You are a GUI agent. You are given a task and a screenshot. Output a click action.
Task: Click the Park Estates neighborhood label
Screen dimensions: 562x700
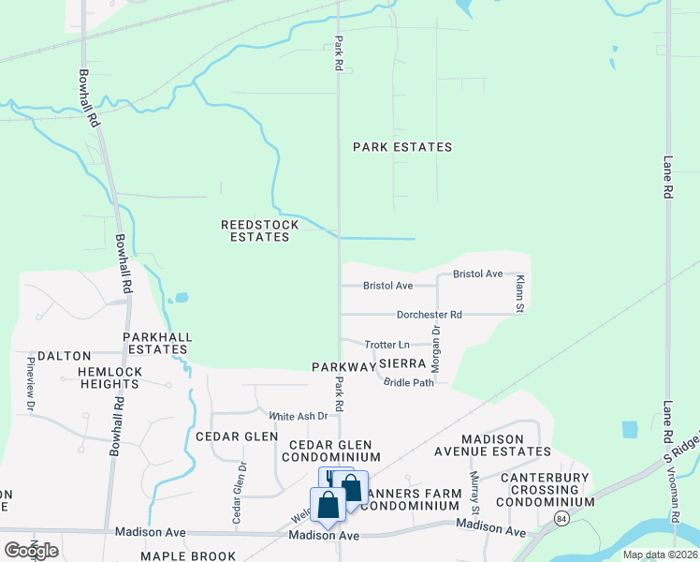(x=402, y=147)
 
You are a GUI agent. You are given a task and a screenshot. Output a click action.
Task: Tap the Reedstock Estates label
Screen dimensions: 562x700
(x=259, y=230)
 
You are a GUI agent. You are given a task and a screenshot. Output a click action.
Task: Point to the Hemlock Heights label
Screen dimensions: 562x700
(x=109, y=377)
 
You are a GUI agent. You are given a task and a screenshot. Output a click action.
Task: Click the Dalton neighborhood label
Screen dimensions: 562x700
(x=65, y=356)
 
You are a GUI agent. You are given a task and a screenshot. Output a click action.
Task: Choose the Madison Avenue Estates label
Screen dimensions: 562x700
(x=506, y=444)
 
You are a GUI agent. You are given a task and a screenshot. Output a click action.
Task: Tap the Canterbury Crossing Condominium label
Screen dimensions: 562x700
(x=545, y=495)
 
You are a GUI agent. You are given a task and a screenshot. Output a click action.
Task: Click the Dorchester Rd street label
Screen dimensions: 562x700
(x=429, y=315)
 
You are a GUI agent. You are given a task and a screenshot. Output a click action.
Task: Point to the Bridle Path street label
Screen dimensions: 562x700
(x=409, y=382)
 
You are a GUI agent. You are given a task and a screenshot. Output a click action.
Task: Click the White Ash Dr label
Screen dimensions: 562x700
(x=299, y=416)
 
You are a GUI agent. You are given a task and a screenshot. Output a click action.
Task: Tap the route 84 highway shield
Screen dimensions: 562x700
(x=561, y=517)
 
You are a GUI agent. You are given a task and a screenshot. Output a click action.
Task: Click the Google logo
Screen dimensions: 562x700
(x=31, y=550)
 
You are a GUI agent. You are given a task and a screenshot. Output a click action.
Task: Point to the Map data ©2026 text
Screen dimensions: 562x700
(x=659, y=555)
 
